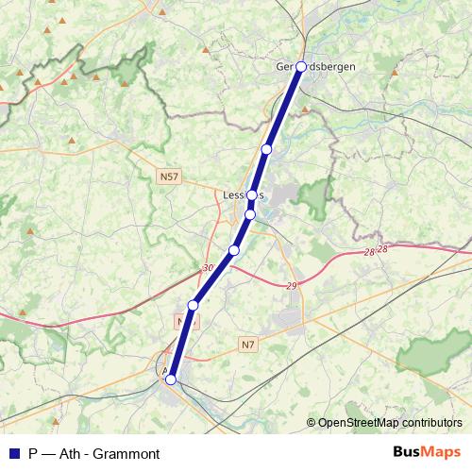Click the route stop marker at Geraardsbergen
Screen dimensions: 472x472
click(x=301, y=67)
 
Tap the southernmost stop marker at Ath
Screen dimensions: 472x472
click(x=171, y=379)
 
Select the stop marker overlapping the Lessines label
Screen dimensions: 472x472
click(x=252, y=194)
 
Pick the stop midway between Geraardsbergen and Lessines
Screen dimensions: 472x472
click(x=267, y=149)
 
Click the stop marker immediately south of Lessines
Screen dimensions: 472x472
click(x=249, y=214)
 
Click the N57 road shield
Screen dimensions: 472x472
click(x=169, y=177)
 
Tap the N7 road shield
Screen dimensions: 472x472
click(x=247, y=346)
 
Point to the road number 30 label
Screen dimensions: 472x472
click(x=207, y=269)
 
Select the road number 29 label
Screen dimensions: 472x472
click(x=291, y=285)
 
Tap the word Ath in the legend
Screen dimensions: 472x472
click(x=73, y=453)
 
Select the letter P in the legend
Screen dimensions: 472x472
click(x=34, y=453)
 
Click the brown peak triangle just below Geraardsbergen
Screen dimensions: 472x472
click(x=307, y=110)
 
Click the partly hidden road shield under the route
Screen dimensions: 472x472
click(x=184, y=322)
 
